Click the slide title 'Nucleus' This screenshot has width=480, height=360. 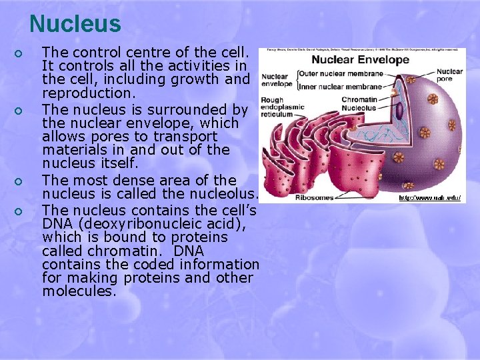click(75, 24)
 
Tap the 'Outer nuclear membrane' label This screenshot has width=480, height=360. click(340, 73)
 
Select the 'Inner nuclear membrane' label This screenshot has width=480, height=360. click(340, 87)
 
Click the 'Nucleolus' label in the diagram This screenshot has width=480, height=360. click(358, 108)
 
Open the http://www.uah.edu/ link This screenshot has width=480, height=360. click(429, 198)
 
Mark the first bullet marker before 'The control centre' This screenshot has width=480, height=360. click(21, 53)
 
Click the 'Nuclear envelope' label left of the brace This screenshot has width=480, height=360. click(277, 79)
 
